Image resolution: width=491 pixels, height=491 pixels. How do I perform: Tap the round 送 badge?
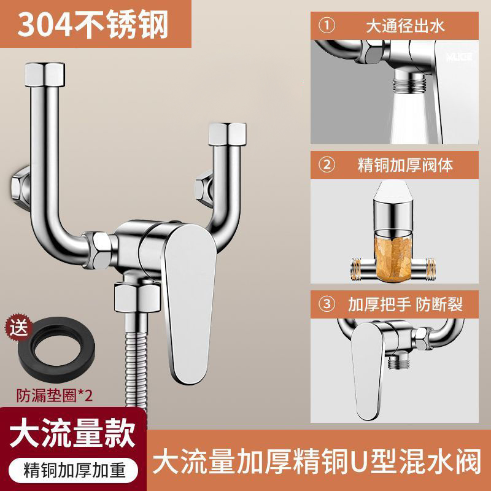pos(19,329)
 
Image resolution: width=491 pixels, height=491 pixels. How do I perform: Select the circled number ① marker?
pos(327,26)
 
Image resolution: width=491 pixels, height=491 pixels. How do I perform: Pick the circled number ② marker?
pos(327,164)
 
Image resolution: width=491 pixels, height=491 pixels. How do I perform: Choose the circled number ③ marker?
pos(327,304)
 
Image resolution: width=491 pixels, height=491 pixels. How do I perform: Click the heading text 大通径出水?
pos(405,26)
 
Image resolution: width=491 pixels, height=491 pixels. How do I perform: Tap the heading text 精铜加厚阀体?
pos(405,165)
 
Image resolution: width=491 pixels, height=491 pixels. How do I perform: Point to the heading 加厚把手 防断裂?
pos(405,304)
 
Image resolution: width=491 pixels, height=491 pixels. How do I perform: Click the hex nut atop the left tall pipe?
pos(45,74)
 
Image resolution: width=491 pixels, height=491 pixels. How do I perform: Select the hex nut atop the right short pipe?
pos(227,134)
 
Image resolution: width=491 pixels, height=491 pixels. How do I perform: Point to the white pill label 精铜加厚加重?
pos(73,471)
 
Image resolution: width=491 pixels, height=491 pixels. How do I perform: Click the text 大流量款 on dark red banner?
pos(72,434)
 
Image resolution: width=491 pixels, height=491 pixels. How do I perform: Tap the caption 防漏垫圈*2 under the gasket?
pos(55,395)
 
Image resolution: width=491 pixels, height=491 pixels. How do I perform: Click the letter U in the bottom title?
pos(360,462)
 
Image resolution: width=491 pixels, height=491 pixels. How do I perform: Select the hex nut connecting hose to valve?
pos(137,297)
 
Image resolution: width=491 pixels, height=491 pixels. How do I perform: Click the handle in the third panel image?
pos(367,371)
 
